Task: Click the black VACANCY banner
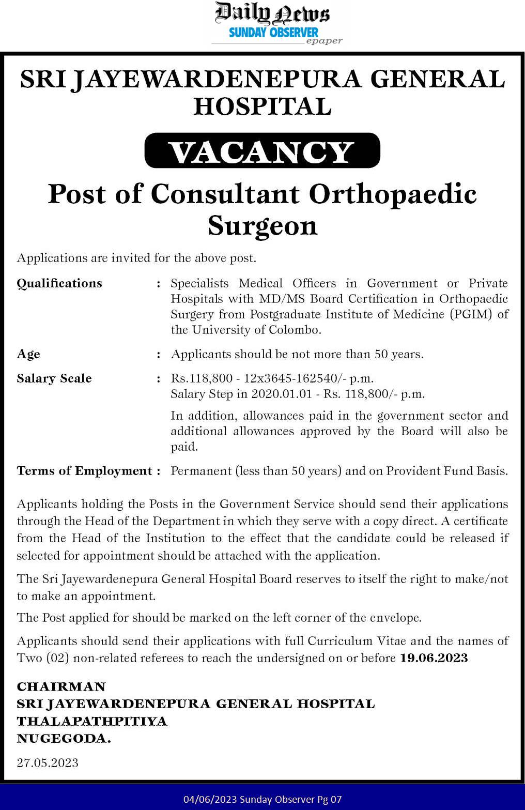(x=262, y=151)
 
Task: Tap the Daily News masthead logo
(x=272, y=13)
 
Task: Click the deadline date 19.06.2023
(x=434, y=658)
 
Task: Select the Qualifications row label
(x=59, y=283)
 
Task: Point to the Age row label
(x=28, y=354)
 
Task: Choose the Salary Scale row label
(x=54, y=378)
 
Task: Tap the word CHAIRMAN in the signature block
(x=61, y=686)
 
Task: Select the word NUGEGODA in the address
(x=64, y=739)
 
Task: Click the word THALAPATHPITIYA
(x=92, y=721)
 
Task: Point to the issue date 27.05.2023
(x=48, y=763)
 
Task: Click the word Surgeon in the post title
(x=262, y=226)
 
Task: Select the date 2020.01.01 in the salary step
(x=282, y=394)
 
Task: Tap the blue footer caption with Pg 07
(x=262, y=799)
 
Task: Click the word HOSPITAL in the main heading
(x=262, y=106)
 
